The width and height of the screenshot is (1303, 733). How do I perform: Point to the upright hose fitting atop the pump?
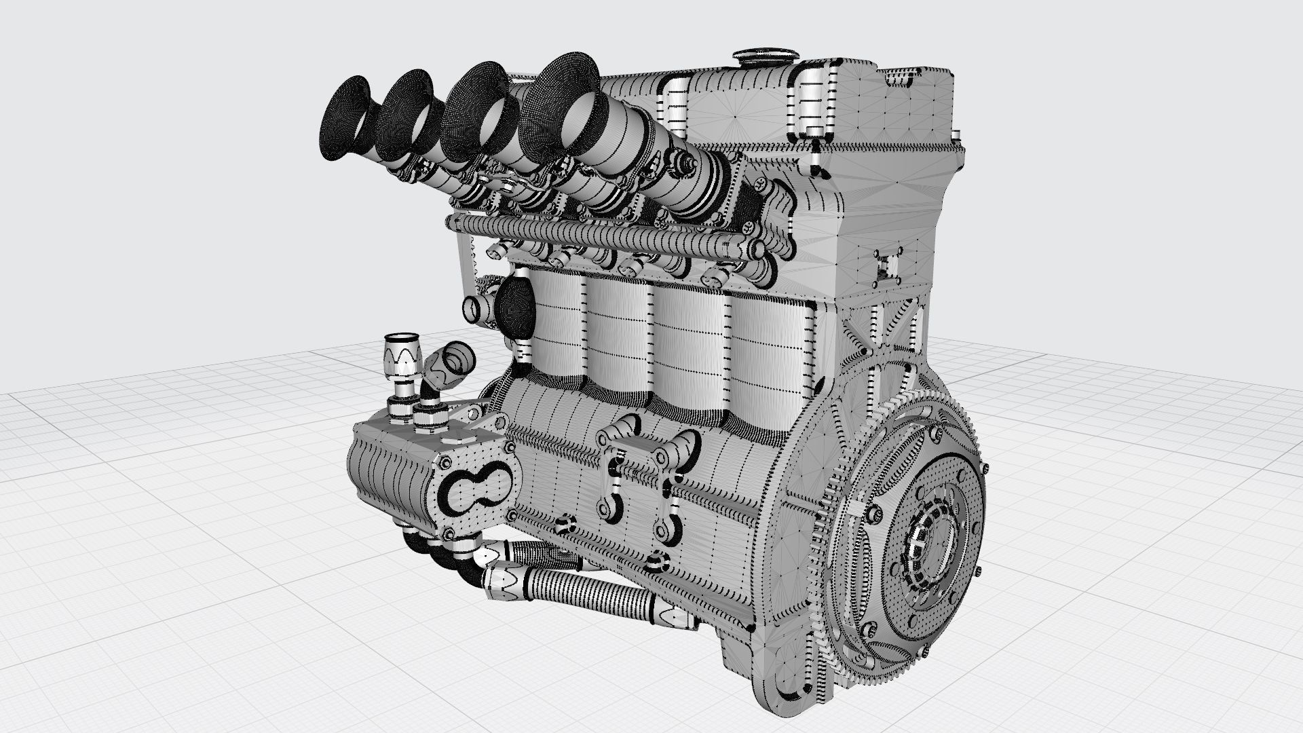(x=400, y=370)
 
